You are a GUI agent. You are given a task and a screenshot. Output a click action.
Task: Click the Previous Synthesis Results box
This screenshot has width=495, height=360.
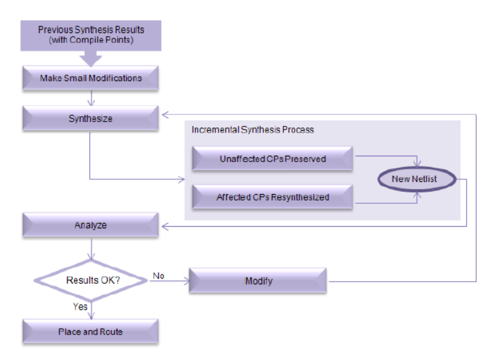tap(91, 35)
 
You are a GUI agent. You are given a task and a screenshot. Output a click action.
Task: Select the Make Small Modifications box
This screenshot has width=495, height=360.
tap(91, 78)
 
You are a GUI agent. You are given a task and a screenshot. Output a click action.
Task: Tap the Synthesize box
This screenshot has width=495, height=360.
tap(91, 119)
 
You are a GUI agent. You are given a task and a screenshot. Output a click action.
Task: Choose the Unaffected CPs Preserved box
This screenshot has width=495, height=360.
tap(272, 158)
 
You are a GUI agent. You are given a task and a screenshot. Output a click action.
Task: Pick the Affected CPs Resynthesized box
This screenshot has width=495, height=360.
tap(272, 197)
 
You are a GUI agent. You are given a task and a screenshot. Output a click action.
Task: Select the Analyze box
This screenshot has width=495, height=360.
tap(91, 225)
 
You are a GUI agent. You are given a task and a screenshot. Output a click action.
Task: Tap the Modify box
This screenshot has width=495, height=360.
tap(258, 281)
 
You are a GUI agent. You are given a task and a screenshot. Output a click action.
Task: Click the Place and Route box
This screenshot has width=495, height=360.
tap(91, 332)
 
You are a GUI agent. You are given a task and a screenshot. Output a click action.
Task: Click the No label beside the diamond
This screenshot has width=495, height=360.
tap(158, 275)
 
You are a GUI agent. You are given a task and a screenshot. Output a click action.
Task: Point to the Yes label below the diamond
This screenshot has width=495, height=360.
tap(80, 307)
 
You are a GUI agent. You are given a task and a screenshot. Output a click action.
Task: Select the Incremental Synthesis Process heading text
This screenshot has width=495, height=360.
tap(253, 130)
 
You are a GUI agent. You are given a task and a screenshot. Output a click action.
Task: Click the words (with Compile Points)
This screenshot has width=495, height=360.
tap(91, 40)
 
